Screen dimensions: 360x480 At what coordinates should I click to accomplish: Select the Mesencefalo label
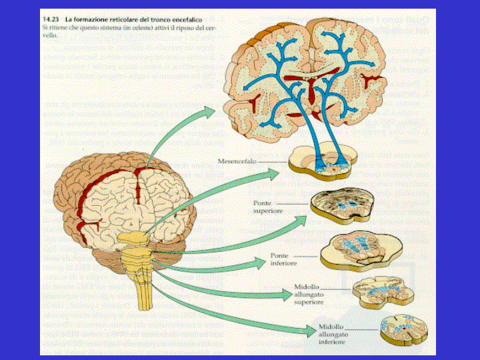(x=237, y=161)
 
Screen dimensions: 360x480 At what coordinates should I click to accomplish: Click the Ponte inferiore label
(x=283, y=259)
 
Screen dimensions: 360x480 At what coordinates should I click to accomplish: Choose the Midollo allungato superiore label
(x=308, y=295)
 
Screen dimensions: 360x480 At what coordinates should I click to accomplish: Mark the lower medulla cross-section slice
(x=399, y=327)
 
